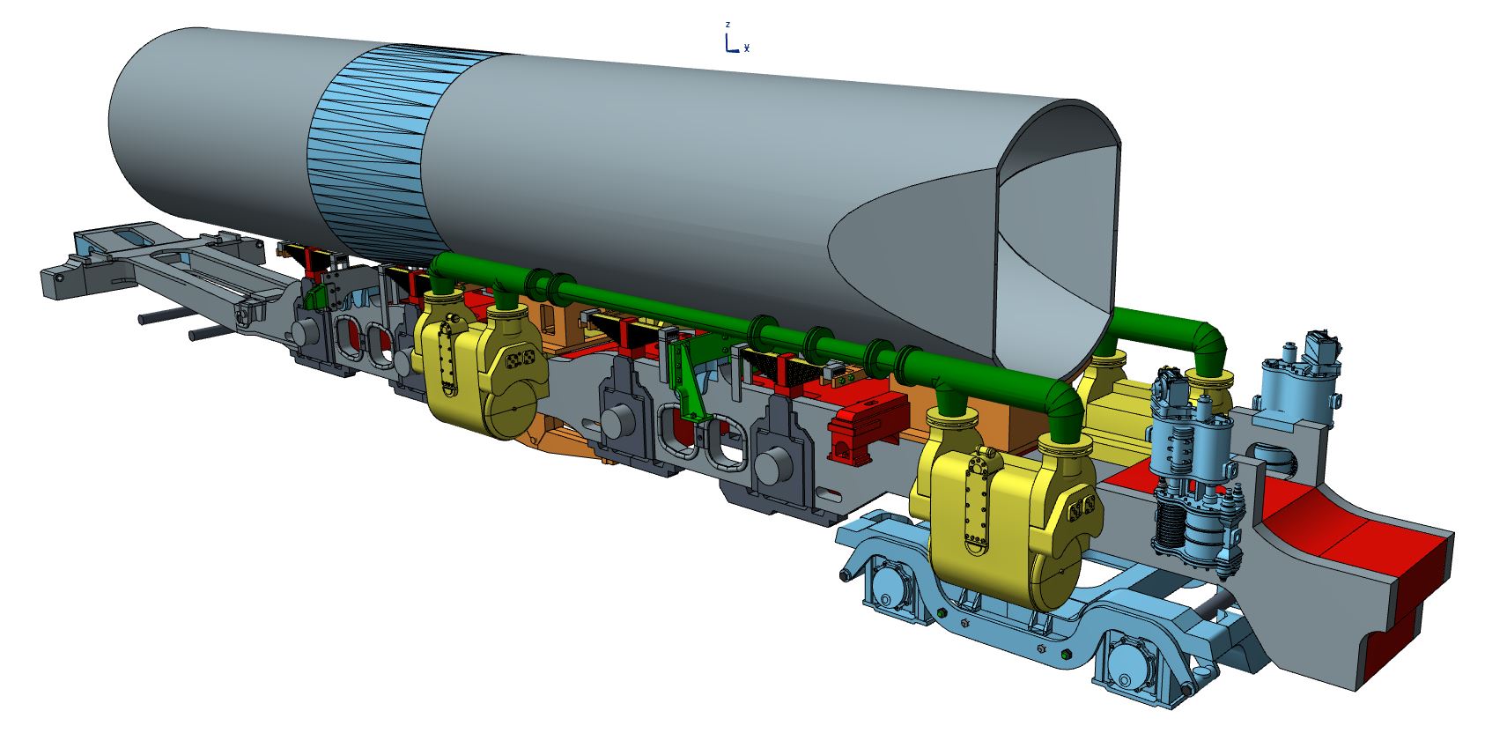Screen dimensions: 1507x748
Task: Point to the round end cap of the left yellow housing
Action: [x=514, y=406]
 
